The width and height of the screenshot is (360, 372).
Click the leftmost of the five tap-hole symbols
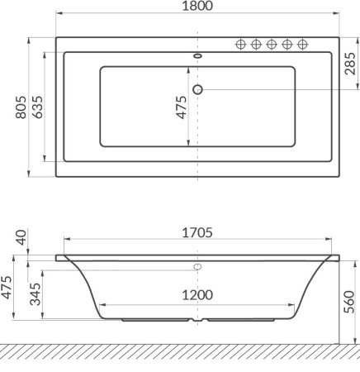[x=240, y=44]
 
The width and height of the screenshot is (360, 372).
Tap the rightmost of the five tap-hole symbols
[x=303, y=44]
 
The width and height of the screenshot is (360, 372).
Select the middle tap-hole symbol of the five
[x=272, y=44]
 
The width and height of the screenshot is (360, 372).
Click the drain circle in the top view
[x=197, y=88]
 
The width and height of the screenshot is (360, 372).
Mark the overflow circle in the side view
[x=197, y=267]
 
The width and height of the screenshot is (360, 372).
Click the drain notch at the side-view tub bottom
[x=197, y=319]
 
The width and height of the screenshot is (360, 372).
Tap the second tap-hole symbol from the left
[x=256, y=44]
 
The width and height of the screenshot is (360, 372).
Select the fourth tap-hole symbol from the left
[x=287, y=44]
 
